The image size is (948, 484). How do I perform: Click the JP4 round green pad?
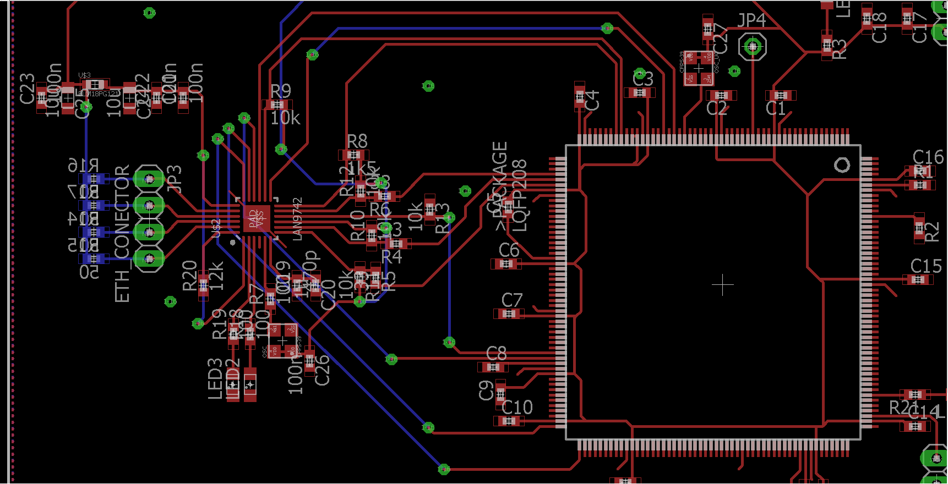click(752, 47)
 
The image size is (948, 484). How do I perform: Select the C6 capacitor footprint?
click(506, 264)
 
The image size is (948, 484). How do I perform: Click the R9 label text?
click(280, 91)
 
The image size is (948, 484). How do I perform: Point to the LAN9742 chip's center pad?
click(257, 219)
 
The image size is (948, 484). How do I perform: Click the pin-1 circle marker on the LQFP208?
click(842, 165)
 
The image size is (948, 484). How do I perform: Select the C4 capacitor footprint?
click(579, 97)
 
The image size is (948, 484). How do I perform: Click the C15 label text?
click(925, 266)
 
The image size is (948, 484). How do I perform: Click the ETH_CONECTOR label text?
click(122, 234)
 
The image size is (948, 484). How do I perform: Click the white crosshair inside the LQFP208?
click(722, 285)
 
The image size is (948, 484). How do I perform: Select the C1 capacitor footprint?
click(780, 95)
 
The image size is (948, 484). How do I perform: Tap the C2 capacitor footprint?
click(721, 95)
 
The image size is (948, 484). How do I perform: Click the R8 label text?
click(357, 141)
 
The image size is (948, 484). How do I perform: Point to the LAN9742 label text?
click(297, 219)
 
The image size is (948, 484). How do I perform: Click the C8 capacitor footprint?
click(493, 367)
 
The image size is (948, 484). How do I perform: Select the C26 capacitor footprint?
click(309, 361)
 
